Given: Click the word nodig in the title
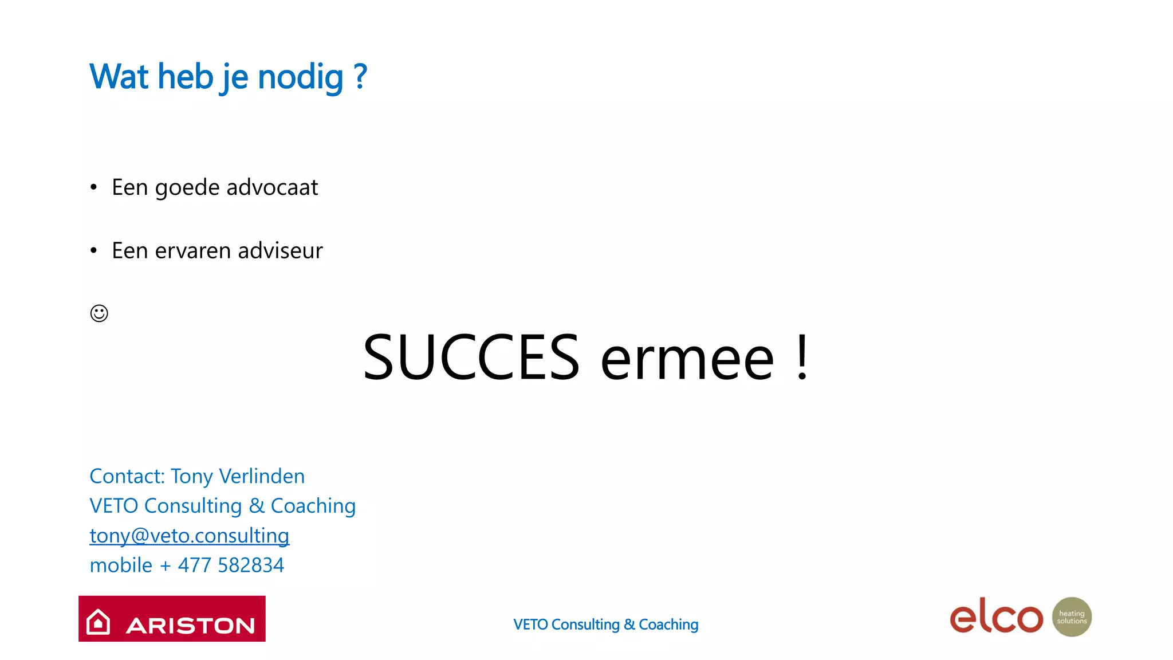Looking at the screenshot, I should click(x=300, y=77).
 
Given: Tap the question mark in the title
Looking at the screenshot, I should click(x=360, y=76).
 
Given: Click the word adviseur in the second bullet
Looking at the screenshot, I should click(x=280, y=251).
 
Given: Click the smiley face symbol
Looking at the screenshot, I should click(x=99, y=313).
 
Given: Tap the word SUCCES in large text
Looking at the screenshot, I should click(x=471, y=357).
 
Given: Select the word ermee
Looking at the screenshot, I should click(x=687, y=360).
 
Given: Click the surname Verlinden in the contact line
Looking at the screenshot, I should click(x=262, y=476).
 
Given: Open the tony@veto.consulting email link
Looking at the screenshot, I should click(x=190, y=536).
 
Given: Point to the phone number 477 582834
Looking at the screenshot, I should click(x=231, y=565).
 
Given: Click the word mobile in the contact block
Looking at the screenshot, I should click(x=121, y=565).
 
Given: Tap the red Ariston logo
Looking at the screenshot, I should click(x=172, y=619).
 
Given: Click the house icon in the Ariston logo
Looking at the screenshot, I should click(x=98, y=622).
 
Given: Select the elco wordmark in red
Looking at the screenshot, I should click(x=996, y=616).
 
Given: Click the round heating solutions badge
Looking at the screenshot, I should click(x=1072, y=617).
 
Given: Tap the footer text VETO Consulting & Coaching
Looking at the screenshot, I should click(x=605, y=624).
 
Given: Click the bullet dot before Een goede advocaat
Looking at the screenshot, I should click(x=93, y=187).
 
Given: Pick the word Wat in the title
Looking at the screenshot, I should click(x=119, y=77).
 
